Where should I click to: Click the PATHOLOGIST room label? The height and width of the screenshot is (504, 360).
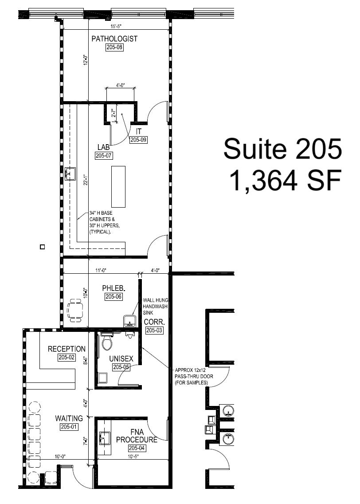coord(114,39)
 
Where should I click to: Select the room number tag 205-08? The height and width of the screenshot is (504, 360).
coord(114,47)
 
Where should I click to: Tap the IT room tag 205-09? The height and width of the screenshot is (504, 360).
coord(138,140)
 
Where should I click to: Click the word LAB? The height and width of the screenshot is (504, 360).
coord(104,147)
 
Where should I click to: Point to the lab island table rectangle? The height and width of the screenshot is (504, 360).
coord(118,185)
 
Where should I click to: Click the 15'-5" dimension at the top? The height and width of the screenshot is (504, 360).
coord(117,27)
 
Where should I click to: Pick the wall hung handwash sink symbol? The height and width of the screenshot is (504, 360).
coord(129,320)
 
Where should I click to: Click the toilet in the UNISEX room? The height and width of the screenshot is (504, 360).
coord(107,343)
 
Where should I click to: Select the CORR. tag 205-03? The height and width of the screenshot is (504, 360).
coord(155,331)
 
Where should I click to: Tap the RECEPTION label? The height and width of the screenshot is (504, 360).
coord(67,349)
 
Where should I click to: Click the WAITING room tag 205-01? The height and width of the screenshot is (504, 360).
coord(69,427)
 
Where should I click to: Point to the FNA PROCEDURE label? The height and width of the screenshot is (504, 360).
coord(137,436)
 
